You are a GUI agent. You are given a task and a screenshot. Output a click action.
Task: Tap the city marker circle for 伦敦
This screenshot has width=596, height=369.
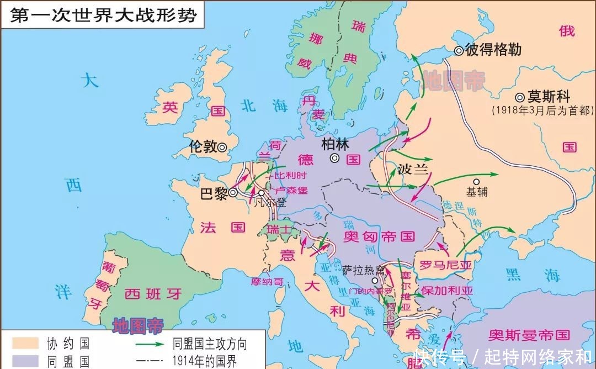pos(222,147)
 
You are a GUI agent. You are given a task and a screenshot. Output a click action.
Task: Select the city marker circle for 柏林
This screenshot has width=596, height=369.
pos(335,158)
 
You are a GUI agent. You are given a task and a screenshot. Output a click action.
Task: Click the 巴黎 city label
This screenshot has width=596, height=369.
pos(213,193)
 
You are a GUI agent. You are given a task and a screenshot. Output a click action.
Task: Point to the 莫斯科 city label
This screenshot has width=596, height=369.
pos(547,97)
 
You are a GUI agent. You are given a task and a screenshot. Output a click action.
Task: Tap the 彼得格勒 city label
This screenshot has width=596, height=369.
pos(493,50)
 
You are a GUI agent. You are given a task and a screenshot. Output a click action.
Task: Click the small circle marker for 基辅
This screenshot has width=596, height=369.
pos(477,181)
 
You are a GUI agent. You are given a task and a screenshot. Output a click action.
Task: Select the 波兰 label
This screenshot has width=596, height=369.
pos(413,170)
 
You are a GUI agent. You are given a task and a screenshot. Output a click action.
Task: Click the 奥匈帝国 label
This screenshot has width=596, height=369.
pos(379,236)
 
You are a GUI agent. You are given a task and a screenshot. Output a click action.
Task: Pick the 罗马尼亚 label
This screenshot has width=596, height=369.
pos(446,265)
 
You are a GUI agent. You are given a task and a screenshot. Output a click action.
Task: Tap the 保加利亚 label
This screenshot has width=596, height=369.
pos(446,291)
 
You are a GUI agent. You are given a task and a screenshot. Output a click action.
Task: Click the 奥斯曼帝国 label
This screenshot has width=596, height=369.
pos(529,334)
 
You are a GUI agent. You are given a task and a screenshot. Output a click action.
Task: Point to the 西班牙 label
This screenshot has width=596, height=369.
pos(152,293)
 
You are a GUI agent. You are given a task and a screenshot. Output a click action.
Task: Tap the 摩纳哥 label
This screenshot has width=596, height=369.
pos(267,282)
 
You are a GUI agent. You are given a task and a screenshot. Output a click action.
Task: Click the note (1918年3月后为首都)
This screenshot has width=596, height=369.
pos(542,110)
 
